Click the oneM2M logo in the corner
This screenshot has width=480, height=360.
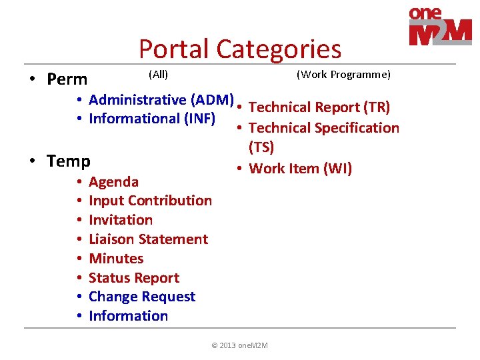click(440, 26)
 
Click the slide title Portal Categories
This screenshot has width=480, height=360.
click(239, 49)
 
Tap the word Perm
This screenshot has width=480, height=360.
click(67, 79)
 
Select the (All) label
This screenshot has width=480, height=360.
click(158, 74)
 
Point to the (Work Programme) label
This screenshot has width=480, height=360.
click(343, 74)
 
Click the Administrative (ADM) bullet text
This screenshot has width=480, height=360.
click(161, 100)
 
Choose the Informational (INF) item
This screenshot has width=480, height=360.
click(151, 119)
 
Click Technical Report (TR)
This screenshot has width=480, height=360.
click(319, 107)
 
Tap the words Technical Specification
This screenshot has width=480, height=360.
click(323, 128)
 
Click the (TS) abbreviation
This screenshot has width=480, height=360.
click(261, 147)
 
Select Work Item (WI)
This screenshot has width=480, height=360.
click(300, 168)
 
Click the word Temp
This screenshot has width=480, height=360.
click(69, 161)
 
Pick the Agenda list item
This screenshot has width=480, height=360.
click(113, 181)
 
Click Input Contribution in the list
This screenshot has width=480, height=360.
click(150, 201)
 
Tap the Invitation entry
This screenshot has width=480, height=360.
click(120, 220)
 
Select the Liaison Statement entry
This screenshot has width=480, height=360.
click(148, 239)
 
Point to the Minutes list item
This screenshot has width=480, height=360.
click(116, 259)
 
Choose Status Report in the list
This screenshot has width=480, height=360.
click(133, 278)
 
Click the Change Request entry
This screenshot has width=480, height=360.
click(142, 297)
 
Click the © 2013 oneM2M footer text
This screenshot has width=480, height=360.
click(239, 345)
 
